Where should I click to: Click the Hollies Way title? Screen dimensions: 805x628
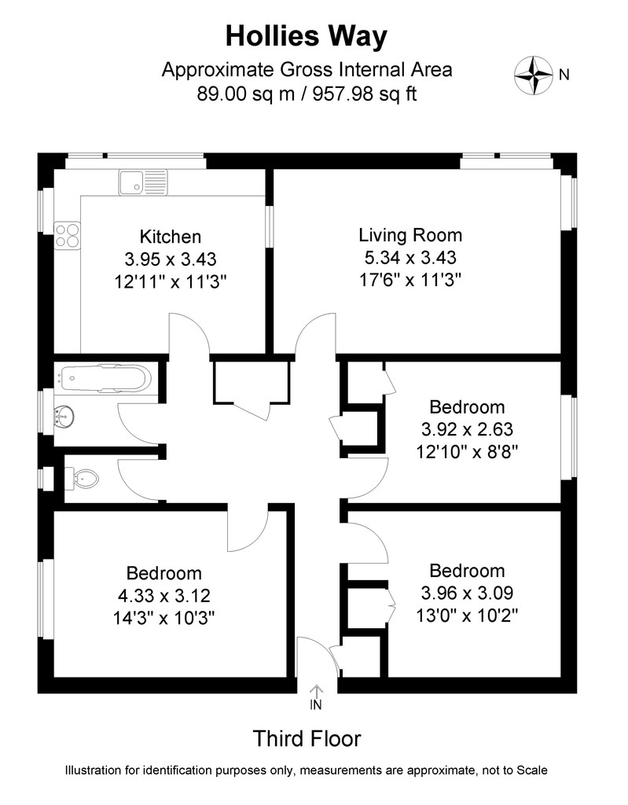tap(307, 36)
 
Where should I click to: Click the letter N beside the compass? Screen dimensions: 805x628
tap(564, 75)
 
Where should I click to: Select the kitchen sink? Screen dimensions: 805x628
tap(141, 183)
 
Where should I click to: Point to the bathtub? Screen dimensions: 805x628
tap(103, 378)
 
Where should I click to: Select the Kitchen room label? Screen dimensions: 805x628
tap(171, 236)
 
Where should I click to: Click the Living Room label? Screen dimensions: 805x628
tap(410, 234)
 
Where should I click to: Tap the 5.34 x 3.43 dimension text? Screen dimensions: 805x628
tap(410, 257)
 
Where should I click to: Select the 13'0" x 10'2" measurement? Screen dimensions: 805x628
tap(467, 614)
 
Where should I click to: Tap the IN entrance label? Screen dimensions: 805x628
tap(317, 705)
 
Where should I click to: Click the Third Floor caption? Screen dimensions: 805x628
tap(307, 739)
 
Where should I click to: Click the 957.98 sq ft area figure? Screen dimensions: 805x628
tap(366, 94)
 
